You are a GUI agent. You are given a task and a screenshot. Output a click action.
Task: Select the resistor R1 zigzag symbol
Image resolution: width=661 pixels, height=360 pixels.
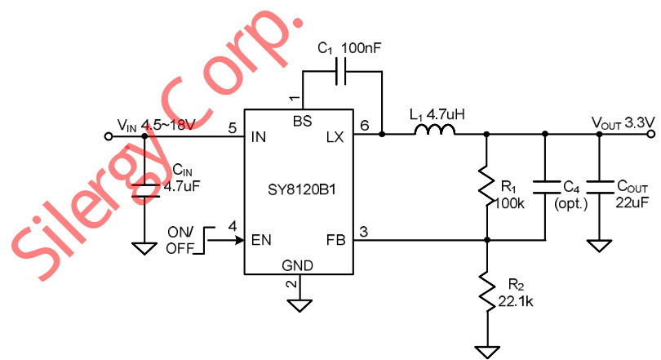click(486, 185)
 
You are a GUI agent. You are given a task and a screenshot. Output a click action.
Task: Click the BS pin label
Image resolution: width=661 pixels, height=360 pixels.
click(301, 121)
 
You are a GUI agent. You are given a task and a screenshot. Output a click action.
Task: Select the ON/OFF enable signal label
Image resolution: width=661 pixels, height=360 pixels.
click(180, 241)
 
